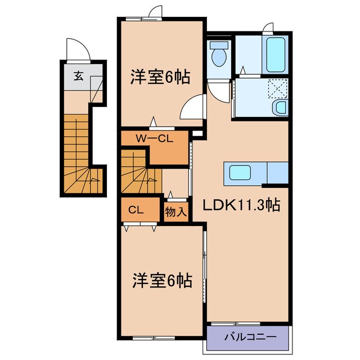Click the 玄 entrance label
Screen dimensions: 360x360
click(79, 78)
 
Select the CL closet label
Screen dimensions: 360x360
click(135, 210)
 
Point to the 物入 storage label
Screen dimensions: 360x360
click(175, 212)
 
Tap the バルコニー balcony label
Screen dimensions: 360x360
click(250, 337)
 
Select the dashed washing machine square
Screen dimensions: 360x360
click(277, 88)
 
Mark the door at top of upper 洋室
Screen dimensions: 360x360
click(155, 12)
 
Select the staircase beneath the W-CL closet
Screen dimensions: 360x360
click(139, 174)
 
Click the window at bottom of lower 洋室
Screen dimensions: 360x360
click(152, 337)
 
